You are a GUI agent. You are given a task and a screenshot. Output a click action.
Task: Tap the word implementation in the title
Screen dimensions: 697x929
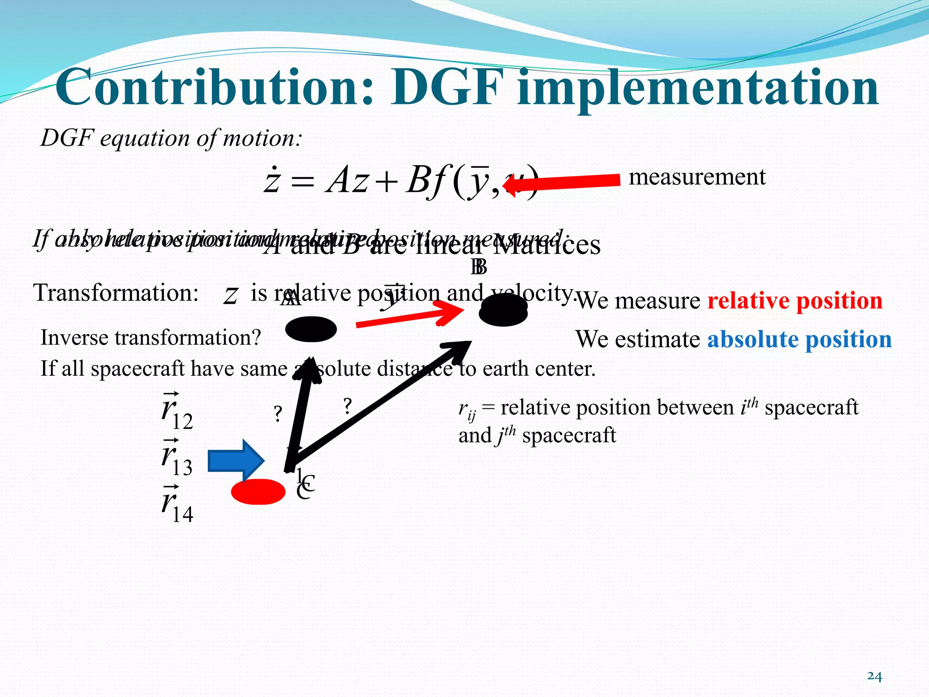698,88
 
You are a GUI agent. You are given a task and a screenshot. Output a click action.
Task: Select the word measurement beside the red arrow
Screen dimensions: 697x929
697,177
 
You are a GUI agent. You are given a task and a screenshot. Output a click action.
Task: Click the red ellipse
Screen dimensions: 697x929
258,491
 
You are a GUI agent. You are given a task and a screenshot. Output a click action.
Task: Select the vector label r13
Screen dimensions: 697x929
177,459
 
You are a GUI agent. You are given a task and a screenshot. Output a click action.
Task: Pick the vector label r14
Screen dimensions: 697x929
177,505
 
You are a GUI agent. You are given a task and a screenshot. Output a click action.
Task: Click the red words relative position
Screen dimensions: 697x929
795,301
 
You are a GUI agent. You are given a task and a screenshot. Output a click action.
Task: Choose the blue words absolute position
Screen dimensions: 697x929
799,339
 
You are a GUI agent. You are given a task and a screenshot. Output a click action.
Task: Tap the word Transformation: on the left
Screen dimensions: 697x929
116,293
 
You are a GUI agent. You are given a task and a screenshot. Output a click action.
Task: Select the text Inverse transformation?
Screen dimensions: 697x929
151,338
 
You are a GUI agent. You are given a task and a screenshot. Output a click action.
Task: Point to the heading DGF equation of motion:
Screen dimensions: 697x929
171,138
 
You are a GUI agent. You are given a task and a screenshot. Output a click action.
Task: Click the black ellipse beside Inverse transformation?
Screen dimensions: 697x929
311,329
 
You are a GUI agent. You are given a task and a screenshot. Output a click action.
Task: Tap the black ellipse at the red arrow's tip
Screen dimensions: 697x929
503,310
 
